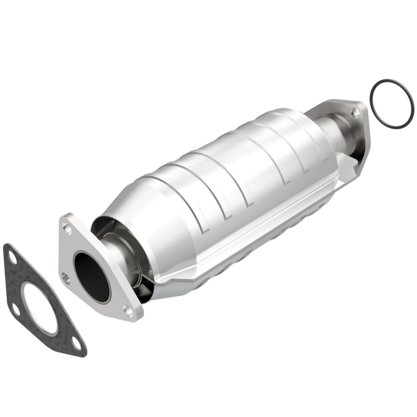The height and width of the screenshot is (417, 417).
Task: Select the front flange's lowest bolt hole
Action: pos(128,311)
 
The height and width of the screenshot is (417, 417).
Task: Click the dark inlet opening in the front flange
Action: pos(92,276)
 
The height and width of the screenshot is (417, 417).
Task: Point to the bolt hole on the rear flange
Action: pos(355,112)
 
